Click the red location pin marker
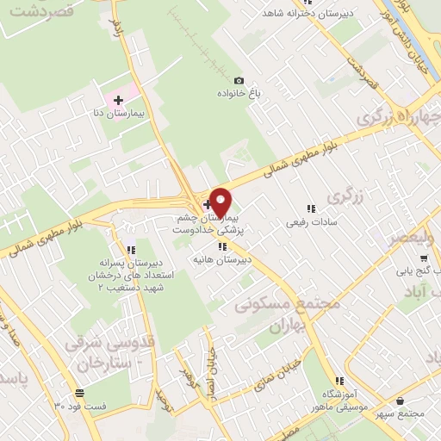221,202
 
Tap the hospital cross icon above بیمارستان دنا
119,101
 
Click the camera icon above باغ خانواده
239,80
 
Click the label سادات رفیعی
310,222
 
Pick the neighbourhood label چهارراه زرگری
400,116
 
